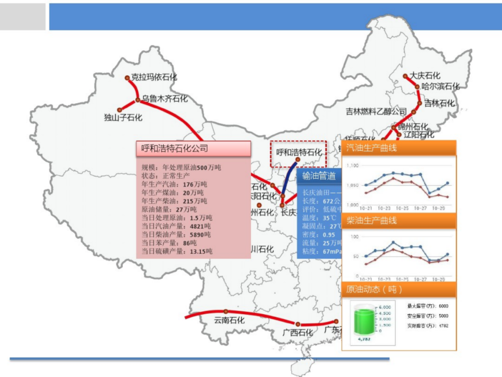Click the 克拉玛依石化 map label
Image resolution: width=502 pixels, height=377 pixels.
[154, 77]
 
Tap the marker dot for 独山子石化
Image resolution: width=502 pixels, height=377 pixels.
[119, 110]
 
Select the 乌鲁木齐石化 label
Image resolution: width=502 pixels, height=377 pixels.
[165, 99]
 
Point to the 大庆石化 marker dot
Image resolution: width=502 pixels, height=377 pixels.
[405, 76]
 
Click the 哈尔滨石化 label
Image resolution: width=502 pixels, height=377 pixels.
[440, 87]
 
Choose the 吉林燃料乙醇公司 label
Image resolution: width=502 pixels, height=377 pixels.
[376, 112]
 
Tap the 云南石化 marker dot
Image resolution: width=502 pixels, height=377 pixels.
[225, 311]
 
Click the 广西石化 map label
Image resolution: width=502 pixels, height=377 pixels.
[298, 333]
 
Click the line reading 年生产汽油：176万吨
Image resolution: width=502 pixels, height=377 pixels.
[174, 184]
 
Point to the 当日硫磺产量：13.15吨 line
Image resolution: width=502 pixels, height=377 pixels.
[177, 251]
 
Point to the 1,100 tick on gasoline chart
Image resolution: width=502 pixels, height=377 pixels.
[353, 166]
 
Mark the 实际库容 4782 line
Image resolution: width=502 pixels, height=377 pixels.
[428, 325]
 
